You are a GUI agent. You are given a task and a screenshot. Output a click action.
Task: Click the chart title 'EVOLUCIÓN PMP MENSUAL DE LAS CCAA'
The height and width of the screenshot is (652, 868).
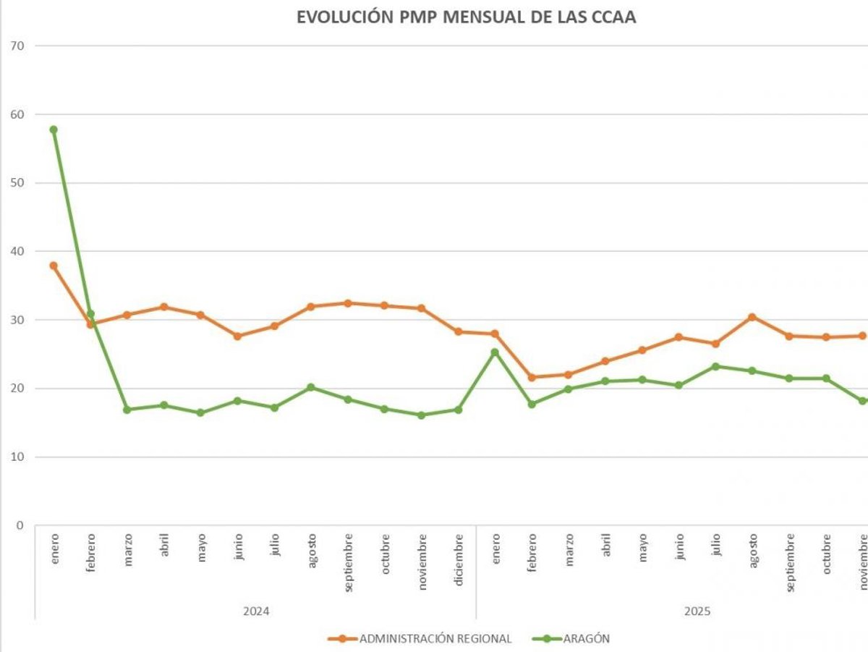467,18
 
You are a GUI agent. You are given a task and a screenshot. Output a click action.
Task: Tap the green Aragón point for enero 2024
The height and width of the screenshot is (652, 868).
54,130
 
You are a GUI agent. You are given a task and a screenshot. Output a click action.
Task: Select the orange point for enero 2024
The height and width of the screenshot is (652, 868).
54,266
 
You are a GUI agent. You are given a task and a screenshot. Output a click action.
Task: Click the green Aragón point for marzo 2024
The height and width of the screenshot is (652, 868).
127,410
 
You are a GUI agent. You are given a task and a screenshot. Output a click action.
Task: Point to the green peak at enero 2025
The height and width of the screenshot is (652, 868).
495,352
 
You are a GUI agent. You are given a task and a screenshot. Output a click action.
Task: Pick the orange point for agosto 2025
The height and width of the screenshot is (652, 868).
752,317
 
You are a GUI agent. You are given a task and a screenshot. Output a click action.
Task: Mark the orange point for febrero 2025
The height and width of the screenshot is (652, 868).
532,377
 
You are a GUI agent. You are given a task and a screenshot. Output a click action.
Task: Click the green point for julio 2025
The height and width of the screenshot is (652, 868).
715,366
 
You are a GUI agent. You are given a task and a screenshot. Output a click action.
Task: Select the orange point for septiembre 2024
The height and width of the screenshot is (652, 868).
348,303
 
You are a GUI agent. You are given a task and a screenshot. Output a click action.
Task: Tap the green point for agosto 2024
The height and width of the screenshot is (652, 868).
311,387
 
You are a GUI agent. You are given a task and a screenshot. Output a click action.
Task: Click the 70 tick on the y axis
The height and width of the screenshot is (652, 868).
17,46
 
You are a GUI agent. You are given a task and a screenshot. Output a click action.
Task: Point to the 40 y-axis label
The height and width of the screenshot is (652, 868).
17,251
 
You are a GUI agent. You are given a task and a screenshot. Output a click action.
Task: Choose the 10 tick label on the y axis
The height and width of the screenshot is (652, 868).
17,457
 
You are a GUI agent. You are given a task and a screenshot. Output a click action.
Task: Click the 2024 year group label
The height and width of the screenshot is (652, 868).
256,611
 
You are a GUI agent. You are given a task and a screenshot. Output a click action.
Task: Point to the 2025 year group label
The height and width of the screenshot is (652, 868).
697,611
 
